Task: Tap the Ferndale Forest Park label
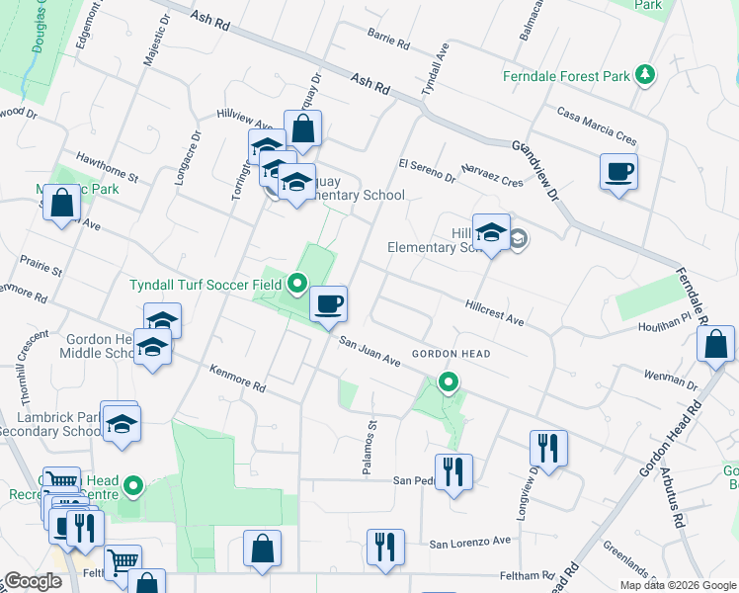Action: point(565,75)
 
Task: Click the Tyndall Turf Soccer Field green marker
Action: point(297,285)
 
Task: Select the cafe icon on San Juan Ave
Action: point(328,302)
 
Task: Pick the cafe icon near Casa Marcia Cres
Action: point(618,172)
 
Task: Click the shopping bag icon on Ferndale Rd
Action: point(715,345)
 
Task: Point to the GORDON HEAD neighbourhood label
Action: point(452,354)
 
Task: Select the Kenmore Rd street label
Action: point(238,379)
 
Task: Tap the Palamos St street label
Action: point(370,447)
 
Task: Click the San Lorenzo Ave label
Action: point(470,542)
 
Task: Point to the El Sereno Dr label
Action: point(427,170)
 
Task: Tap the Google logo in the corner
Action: point(32,581)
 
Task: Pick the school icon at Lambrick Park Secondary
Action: point(122,423)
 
